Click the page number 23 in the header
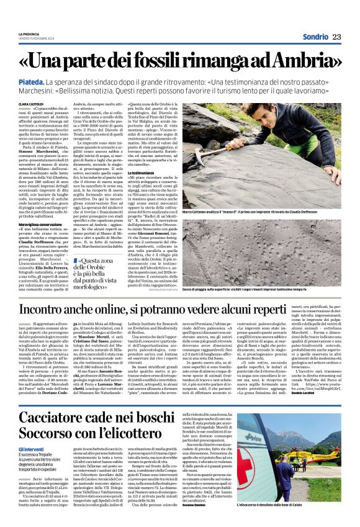pyautogui.click(x=337, y=37)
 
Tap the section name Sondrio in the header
pyautogui.click(x=315, y=37)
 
